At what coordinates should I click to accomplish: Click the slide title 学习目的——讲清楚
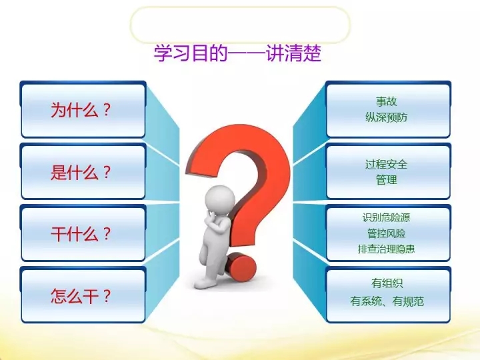(x=237, y=53)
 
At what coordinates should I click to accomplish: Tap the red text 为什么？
(x=81, y=110)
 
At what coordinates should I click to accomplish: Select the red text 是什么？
(x=81, y=172)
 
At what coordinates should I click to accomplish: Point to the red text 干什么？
(x=81, y=234)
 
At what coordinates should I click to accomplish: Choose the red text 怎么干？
(x=81, y=296)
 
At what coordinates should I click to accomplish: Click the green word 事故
(x=386, y=101)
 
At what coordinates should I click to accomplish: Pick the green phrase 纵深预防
(x=386, y=117)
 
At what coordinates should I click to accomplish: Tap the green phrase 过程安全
(x=386, y=164)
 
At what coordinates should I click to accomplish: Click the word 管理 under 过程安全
(x=386, y=180)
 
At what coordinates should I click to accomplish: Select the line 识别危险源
(x=386, y=217)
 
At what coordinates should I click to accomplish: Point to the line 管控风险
(x=386, y=233)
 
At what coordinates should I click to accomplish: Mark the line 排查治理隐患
(x=386, y=249)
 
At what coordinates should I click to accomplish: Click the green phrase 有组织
(x=387, y=283)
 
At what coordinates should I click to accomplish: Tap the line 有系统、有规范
(x=387, y=301)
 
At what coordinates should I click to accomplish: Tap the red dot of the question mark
(x=241, y=267)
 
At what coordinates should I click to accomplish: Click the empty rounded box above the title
(x=240, y=25)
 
